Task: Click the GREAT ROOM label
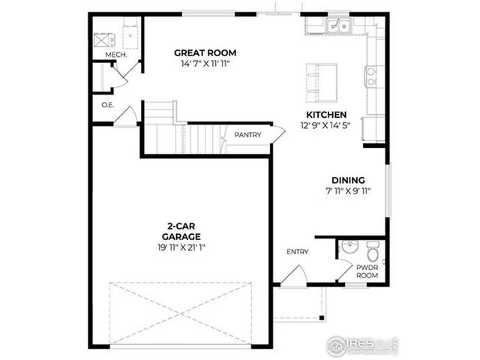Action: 205,52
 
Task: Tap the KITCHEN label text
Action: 325,115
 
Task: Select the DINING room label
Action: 348,180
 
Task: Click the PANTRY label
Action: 247,135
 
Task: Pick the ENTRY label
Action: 297,252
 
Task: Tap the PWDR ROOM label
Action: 367,271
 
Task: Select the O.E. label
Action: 106,105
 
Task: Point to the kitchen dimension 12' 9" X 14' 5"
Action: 325,126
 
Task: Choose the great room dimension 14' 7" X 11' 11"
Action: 205,64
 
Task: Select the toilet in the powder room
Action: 371,248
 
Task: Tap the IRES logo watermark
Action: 361,344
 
